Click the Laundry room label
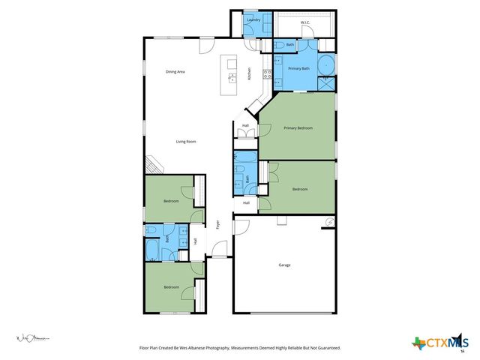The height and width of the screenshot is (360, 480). [253, 19]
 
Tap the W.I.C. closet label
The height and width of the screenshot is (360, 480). [305, 22]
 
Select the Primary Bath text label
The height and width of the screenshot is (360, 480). [299, 68]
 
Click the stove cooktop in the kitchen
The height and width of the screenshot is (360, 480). [266, 73]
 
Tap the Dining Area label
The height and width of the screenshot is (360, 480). [175, 71]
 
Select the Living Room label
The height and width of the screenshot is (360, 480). [186, 141]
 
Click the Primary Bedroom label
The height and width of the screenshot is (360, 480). [298, 128]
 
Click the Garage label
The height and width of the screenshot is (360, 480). [284, 265]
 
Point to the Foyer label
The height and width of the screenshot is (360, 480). [218, 223]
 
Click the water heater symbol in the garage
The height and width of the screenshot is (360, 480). [328, 222]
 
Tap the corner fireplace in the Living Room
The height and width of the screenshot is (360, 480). [152, 164]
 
